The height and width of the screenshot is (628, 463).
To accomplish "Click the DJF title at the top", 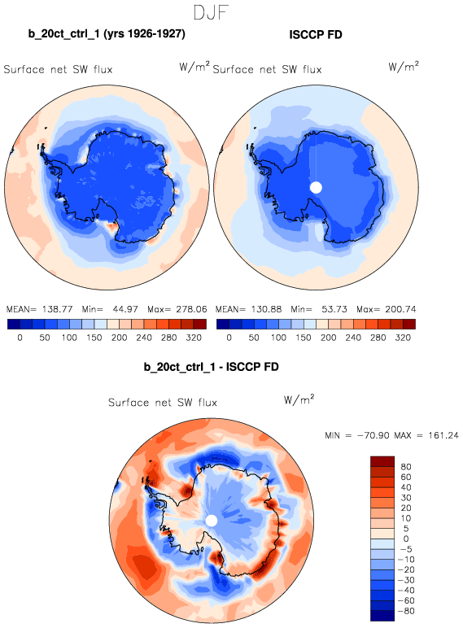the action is point(211,12).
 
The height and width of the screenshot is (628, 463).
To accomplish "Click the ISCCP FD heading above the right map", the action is point(316,35).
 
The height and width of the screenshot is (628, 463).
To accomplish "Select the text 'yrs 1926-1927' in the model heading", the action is point(144,33).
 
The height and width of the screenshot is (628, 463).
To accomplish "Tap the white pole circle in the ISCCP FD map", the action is point(316,187).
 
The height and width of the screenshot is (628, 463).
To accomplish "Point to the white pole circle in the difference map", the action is point(211,521).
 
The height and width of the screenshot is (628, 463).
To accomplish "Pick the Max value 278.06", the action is point(191,309).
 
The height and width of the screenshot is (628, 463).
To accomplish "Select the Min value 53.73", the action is point(334,309).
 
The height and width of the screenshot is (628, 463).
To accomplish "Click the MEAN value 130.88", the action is point(266,309).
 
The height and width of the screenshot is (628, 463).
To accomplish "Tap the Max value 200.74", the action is point(400,309).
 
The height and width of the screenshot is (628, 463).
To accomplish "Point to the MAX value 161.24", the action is point(443,435).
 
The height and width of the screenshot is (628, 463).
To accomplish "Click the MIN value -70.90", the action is point(373,435).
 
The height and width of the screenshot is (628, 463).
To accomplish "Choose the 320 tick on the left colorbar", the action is point(194,338).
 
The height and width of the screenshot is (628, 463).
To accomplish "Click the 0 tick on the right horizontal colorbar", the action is point(229,338).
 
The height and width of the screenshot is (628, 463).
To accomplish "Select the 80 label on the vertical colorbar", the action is point(406,467).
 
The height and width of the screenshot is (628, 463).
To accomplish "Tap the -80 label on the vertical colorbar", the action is point(406,611).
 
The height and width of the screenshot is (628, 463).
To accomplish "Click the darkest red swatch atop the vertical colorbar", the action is point(382,461).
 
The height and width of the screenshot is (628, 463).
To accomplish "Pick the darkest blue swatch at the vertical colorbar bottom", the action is point(382,616).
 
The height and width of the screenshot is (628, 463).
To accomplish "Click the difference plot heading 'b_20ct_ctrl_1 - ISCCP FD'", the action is point(211,367).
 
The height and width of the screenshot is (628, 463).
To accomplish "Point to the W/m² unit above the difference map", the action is point(299,399).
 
